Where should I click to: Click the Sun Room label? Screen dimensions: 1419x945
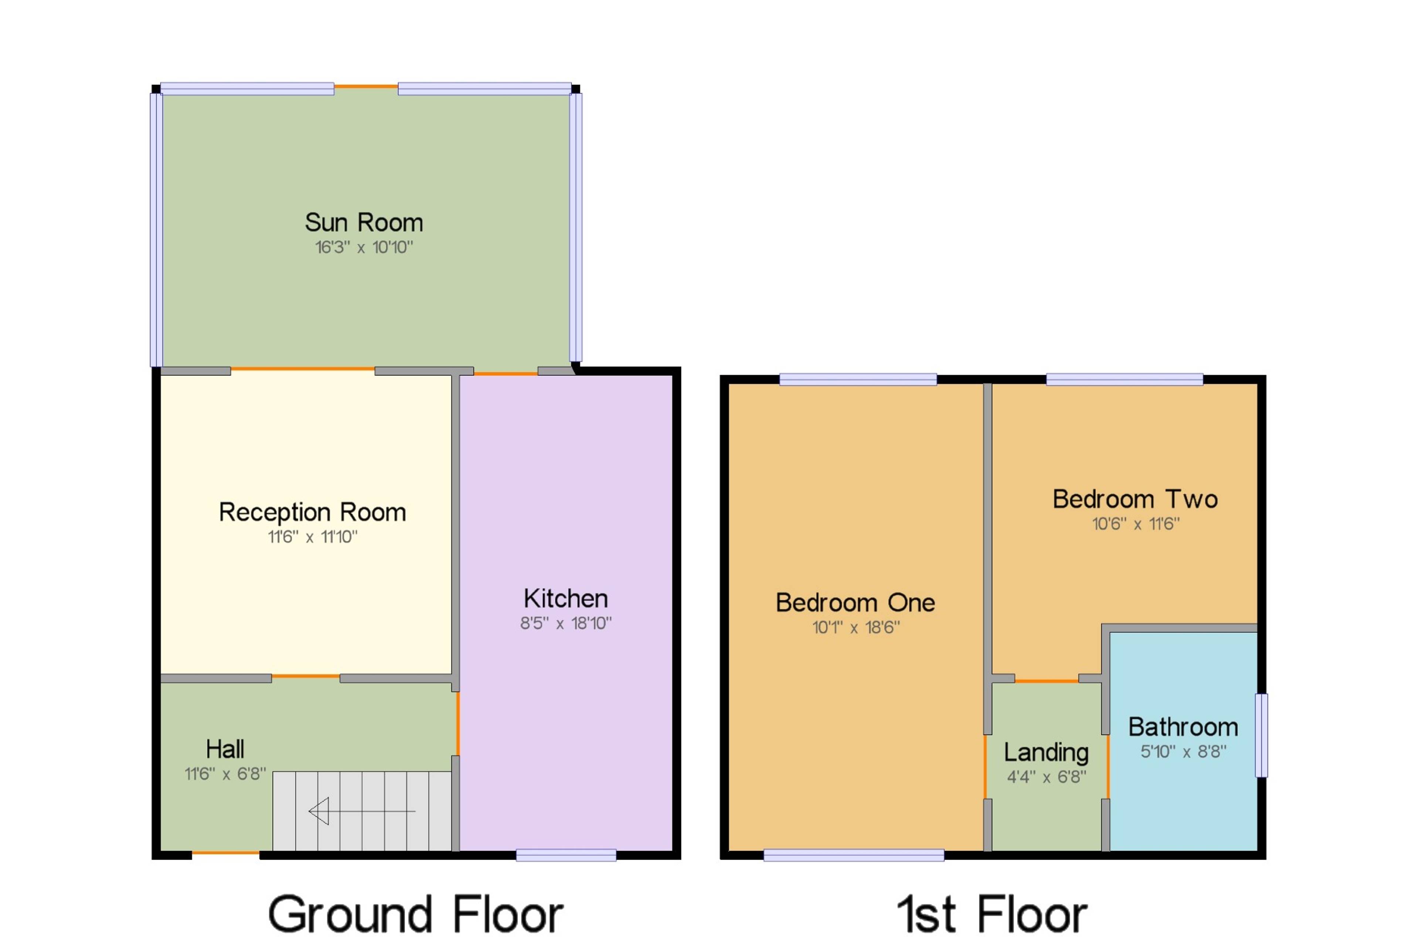[364, 222]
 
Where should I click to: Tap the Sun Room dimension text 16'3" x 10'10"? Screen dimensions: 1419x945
[364, 247]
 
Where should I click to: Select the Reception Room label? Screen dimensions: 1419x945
[312, 512]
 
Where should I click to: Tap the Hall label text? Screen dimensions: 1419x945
[225, 749]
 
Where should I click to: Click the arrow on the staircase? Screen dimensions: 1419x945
[362, 811]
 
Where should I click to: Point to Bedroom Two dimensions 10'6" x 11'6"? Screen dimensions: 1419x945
[1136, 524]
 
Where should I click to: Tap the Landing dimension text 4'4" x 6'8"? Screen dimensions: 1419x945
[1047, 777]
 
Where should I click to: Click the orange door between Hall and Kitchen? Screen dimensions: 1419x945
[457, 723]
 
